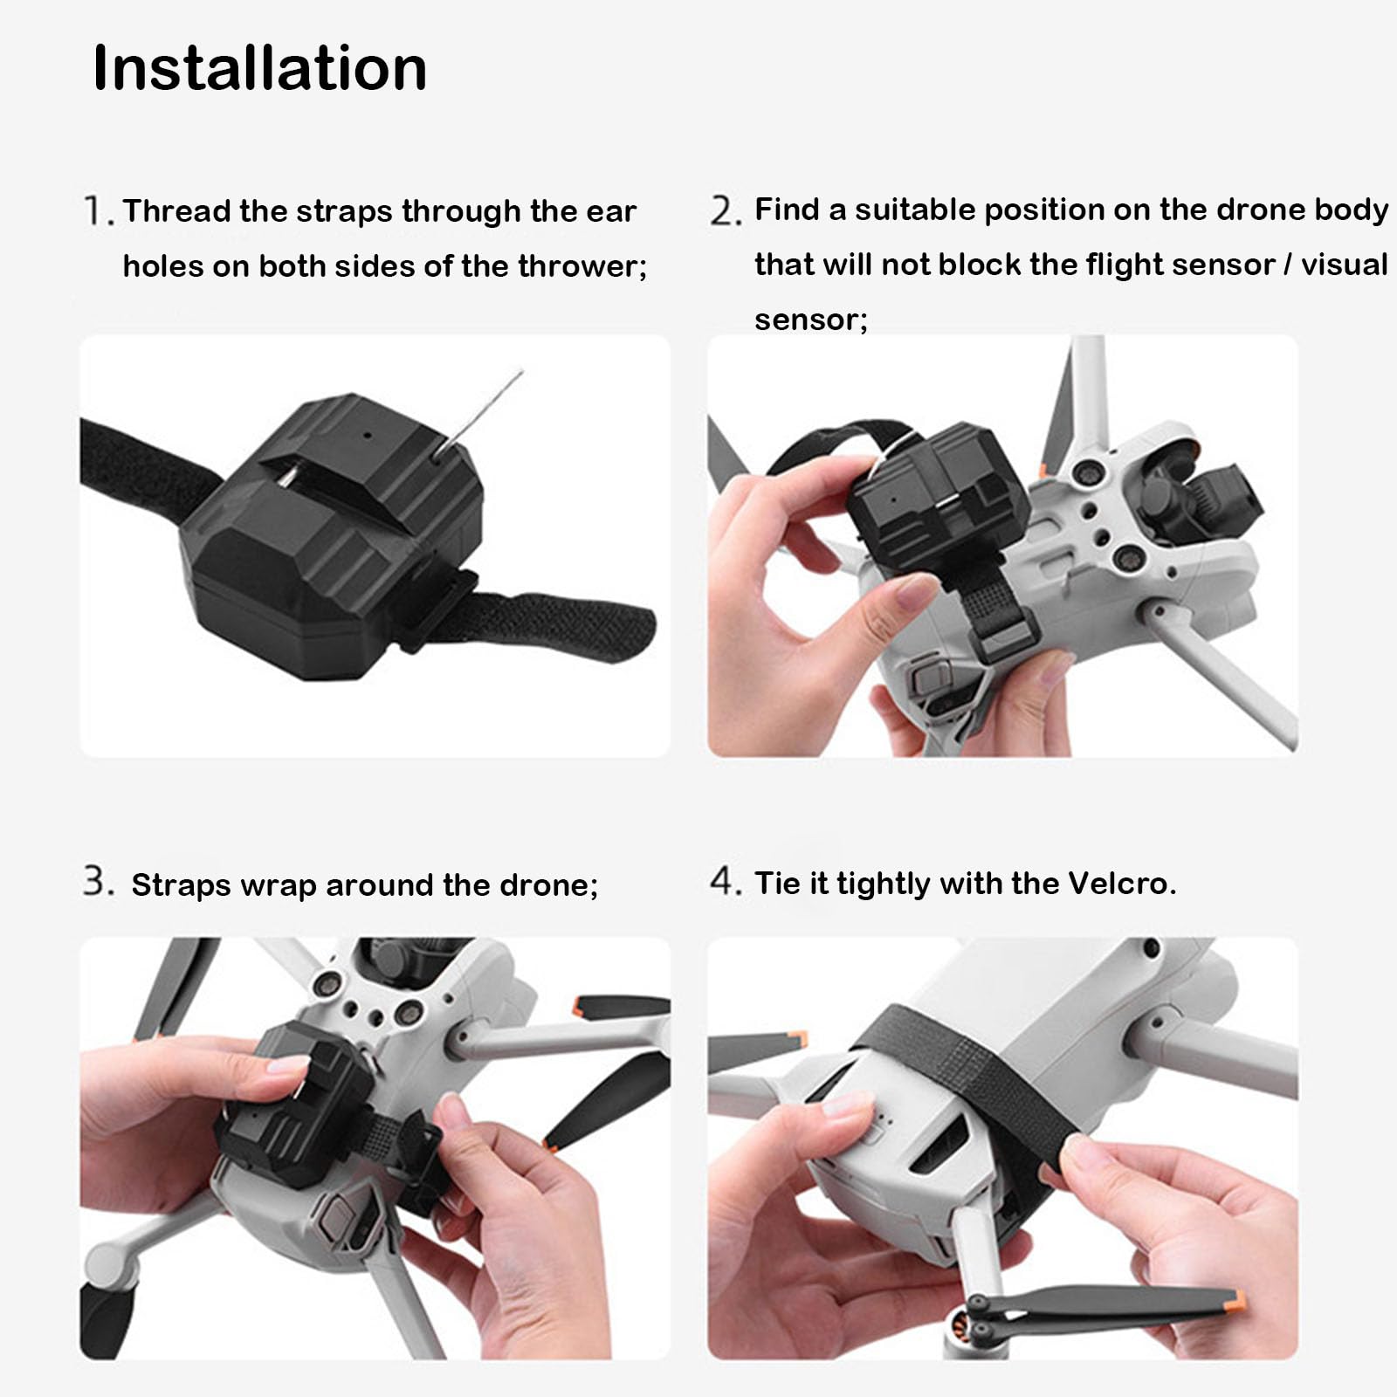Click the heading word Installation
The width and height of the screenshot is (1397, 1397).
click(259, 68)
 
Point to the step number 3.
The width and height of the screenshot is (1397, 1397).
click(97, 882)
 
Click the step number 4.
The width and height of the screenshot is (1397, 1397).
click(724, 882)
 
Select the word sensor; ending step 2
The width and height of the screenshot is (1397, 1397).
click(810, 320)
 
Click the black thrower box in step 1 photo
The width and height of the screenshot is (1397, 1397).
click(332, 541)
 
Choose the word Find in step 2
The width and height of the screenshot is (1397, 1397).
click(787, 210)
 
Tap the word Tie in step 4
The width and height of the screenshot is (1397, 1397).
click(776, 884)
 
